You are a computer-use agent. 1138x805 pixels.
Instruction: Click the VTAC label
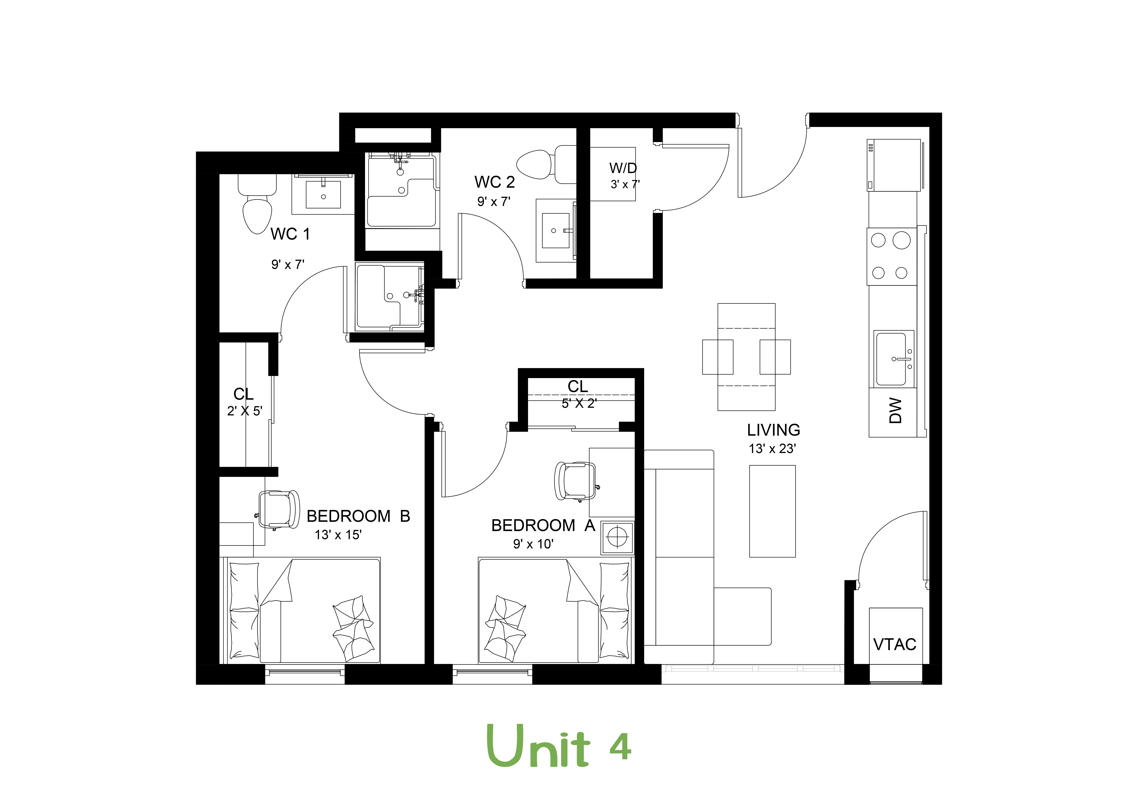(x=895, y=644)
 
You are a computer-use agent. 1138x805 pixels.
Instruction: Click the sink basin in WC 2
(x=556, y=230)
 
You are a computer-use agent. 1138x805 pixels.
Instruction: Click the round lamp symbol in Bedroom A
(x=617, y=537)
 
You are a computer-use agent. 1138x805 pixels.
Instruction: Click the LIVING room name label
(x=773, y=430)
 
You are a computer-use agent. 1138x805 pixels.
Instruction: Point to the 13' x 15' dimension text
(x=338, y=535)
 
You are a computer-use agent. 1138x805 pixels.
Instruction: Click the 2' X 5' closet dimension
(x=245, y=411)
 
